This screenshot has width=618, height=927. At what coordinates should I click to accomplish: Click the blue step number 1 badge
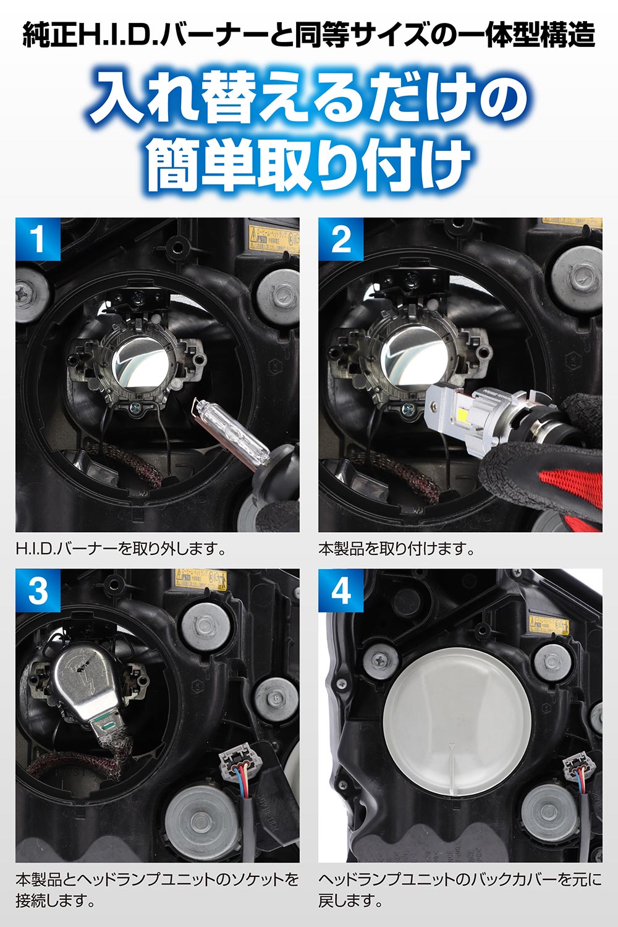[x=38, y=239]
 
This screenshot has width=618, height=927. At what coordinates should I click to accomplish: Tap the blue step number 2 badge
[x=341, y=239]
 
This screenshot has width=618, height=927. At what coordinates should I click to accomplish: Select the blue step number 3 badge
[x=38, y=591]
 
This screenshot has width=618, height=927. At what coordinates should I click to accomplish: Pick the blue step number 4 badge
[x=341, y=591]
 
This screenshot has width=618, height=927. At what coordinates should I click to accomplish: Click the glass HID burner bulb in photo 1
[x=231, y=428]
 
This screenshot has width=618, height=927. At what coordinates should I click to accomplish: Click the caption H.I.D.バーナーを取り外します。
[x=121, y=548]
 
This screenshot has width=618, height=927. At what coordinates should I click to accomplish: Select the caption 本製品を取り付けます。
[x=396, y=548]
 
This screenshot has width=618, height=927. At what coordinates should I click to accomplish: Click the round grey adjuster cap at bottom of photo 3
[x=197, y=819]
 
